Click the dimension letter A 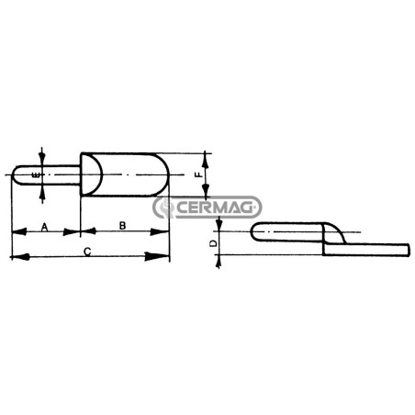click(45, 227)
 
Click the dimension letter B click(122, 226)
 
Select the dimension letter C click(87, 252)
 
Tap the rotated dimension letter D click(214, 243)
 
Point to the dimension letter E click(36, 175)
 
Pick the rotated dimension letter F click(198, 174)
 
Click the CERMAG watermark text click(215, 207)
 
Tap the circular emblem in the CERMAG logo click(163, 207)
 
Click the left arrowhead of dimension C click(20, 256)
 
